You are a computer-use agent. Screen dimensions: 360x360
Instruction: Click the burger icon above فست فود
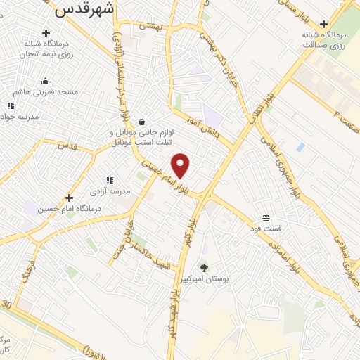tap(266, 217)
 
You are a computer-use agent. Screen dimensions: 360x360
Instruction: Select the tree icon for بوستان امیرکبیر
tap(204, 267)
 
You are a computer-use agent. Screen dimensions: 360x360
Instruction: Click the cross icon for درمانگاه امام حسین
tap(69, 198)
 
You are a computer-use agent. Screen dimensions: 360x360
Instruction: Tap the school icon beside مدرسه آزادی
tap(109, 180)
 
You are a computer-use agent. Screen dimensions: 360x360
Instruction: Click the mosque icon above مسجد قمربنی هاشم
tap(46, 81)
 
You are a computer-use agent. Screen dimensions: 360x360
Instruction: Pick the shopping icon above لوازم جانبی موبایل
tap(142, 121)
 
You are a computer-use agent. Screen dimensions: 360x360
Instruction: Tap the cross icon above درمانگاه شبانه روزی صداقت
tap(323, 22)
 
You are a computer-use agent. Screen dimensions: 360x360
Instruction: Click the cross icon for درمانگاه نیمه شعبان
tap(46, 32)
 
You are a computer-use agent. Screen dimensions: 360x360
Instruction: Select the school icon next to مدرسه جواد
tap(11, 105)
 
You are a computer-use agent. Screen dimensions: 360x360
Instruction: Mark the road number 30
tap(6, 304)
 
